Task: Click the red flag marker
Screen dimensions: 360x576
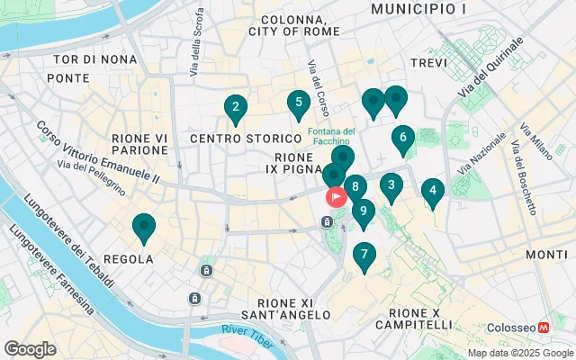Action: click(336, 195)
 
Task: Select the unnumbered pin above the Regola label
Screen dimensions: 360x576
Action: click(144, 229)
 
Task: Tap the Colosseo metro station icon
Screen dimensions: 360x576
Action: click(544, 328)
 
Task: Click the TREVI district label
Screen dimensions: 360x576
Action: click(427, 63)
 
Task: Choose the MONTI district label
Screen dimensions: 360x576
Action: click(546, 255)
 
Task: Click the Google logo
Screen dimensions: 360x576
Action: click(30, 348)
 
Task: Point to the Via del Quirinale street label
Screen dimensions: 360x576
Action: click(489, 68)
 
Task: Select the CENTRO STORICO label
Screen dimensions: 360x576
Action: click(245, 139)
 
